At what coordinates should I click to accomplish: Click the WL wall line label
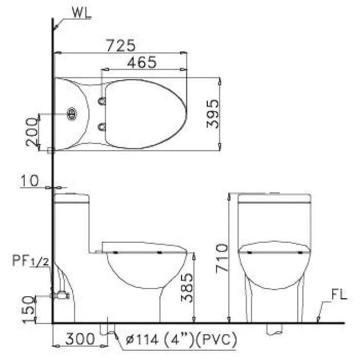(82, 13)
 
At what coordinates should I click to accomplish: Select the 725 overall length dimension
(121, 45)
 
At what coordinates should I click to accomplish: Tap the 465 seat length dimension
(142, 62)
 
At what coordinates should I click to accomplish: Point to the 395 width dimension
(213, 113)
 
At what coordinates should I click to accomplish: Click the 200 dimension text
(32, 132)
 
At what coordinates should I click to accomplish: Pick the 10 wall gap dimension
(30, 180)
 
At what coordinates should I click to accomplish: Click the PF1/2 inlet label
(31, 261)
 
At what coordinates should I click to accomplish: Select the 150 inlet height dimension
(29, 309)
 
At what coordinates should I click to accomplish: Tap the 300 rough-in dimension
(80, 339)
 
